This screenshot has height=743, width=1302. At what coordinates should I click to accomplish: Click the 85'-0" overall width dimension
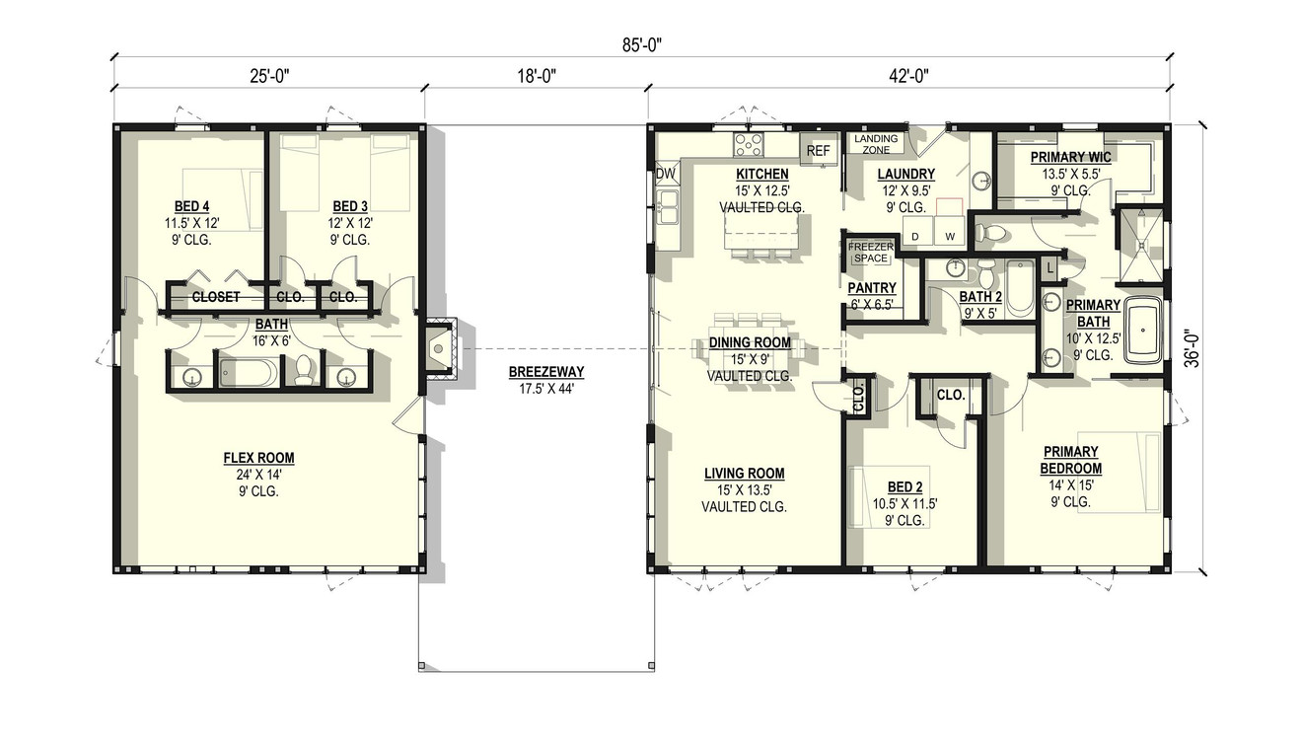tap(641, 44)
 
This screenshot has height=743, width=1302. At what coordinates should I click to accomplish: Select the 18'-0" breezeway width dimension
tap(537, 76)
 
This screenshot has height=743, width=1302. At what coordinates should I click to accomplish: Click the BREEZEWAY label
tap(546, 372)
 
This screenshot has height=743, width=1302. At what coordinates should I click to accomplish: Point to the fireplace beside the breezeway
tap(438, 348)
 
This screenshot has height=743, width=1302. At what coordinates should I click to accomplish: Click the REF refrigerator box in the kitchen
tap(819, 150)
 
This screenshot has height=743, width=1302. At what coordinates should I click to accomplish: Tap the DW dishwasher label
tap(666, 174)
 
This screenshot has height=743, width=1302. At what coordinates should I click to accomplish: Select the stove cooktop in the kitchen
tap(748, 146)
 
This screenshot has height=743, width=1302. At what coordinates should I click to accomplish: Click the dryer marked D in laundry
tap(914, 236)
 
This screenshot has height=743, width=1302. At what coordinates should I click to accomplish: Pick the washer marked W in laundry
tap(950, 236)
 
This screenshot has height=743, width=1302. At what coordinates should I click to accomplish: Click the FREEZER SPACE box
tap(871, 252)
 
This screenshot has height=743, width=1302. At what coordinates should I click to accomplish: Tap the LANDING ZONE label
tap(876, 144)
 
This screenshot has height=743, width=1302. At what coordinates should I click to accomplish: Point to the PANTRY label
tap(871, 287)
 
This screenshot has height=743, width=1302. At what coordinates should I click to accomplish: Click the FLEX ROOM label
tap(258, 458)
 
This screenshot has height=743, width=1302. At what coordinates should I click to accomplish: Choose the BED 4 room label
tap(192, 205)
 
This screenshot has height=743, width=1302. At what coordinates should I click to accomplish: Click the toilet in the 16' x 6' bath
tap(304, 370)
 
